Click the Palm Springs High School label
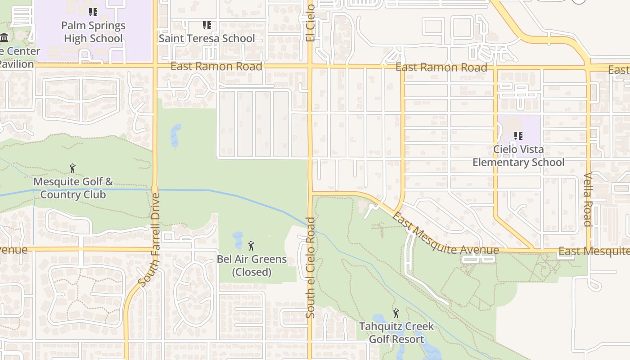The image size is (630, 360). coord(93,32)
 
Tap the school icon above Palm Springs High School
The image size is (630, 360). coord(93,12)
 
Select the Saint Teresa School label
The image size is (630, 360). coord(207,38)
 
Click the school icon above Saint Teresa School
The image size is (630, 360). coord(207,25)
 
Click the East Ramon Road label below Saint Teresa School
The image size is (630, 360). coord(216,67)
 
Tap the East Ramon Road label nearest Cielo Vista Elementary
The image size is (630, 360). coord(441,67)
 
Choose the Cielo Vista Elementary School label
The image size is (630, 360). coord(518,156)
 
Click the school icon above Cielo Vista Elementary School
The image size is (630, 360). coord(518,135)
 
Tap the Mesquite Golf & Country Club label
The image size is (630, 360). coord(73,189)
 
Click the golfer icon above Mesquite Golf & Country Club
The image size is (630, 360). coord(72,168)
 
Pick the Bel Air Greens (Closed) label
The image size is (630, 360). coord(252,265)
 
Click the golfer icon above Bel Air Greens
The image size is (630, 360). coord(251,246)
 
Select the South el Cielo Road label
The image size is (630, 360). coord(310,268)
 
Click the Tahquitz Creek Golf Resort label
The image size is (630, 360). coord(396,333)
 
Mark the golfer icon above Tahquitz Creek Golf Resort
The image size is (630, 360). coord(396,313)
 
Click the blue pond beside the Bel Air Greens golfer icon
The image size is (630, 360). coord(238,240)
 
